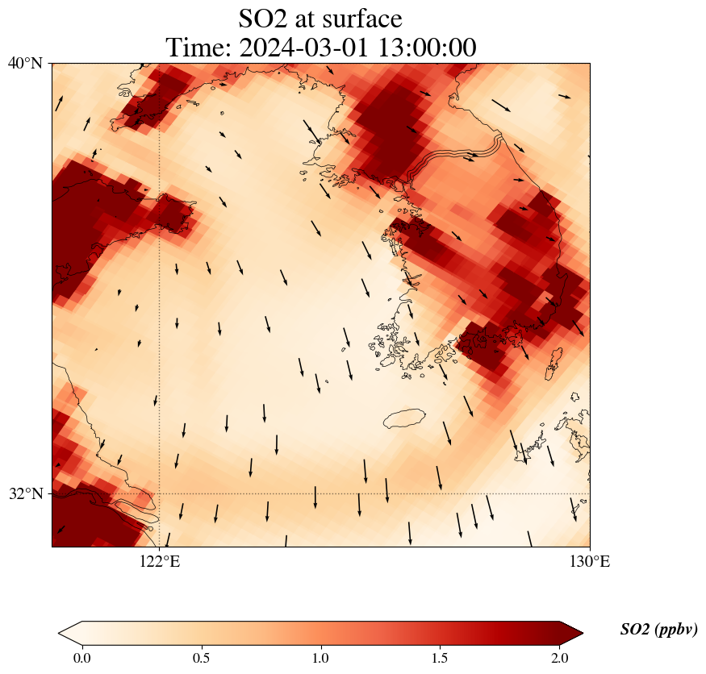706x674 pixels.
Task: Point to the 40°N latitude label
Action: coord(26,63)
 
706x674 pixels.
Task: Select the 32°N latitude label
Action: coord(26,493)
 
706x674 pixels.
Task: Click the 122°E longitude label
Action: coord(160,561)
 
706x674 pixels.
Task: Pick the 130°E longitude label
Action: coord(590,561)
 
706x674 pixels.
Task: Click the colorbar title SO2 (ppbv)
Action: coord(658,630)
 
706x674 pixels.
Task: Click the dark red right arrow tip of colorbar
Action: coord(574,634)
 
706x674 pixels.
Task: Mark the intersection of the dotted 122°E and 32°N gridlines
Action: coord(160,493)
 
